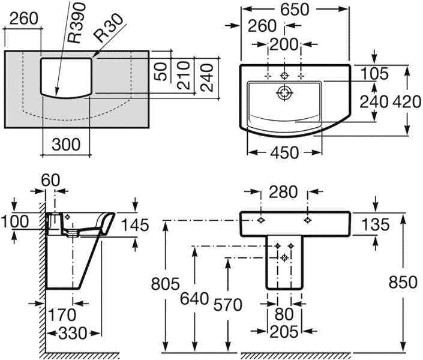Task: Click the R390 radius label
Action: (77, 23)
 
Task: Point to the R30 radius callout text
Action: (107, 28)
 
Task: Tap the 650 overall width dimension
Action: (295, 10)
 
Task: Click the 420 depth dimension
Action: (407, 102)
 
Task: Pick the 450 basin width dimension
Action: (284, 153)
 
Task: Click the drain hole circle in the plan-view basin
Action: (284, 93)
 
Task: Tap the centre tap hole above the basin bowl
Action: (284, 76)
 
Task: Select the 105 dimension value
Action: (374, 74)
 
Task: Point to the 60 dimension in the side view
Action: (50, 180)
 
